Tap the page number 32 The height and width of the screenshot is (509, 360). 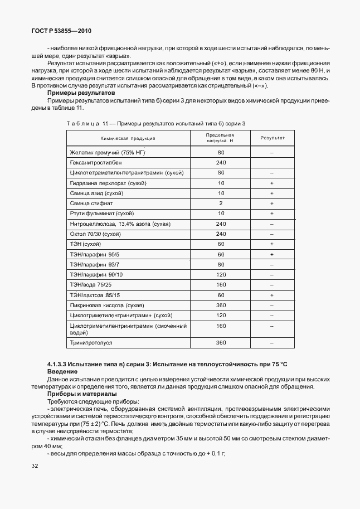point(35,465)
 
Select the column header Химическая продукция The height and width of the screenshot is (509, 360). point(128,138)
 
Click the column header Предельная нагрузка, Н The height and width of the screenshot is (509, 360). point(220,138)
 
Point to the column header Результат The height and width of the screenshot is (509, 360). point(272,138)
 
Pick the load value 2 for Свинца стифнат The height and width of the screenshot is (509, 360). point(221,203)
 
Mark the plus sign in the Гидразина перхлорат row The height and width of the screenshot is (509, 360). point(272,183)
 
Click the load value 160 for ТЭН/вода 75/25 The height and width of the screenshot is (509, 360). point(221,285)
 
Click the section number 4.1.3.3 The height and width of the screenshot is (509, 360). point(60,363)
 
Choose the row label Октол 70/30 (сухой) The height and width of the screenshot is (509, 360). point(95,234)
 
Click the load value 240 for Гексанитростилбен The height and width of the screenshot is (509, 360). point(221,162)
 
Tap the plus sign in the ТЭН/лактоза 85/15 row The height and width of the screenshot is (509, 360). point(272,295)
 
